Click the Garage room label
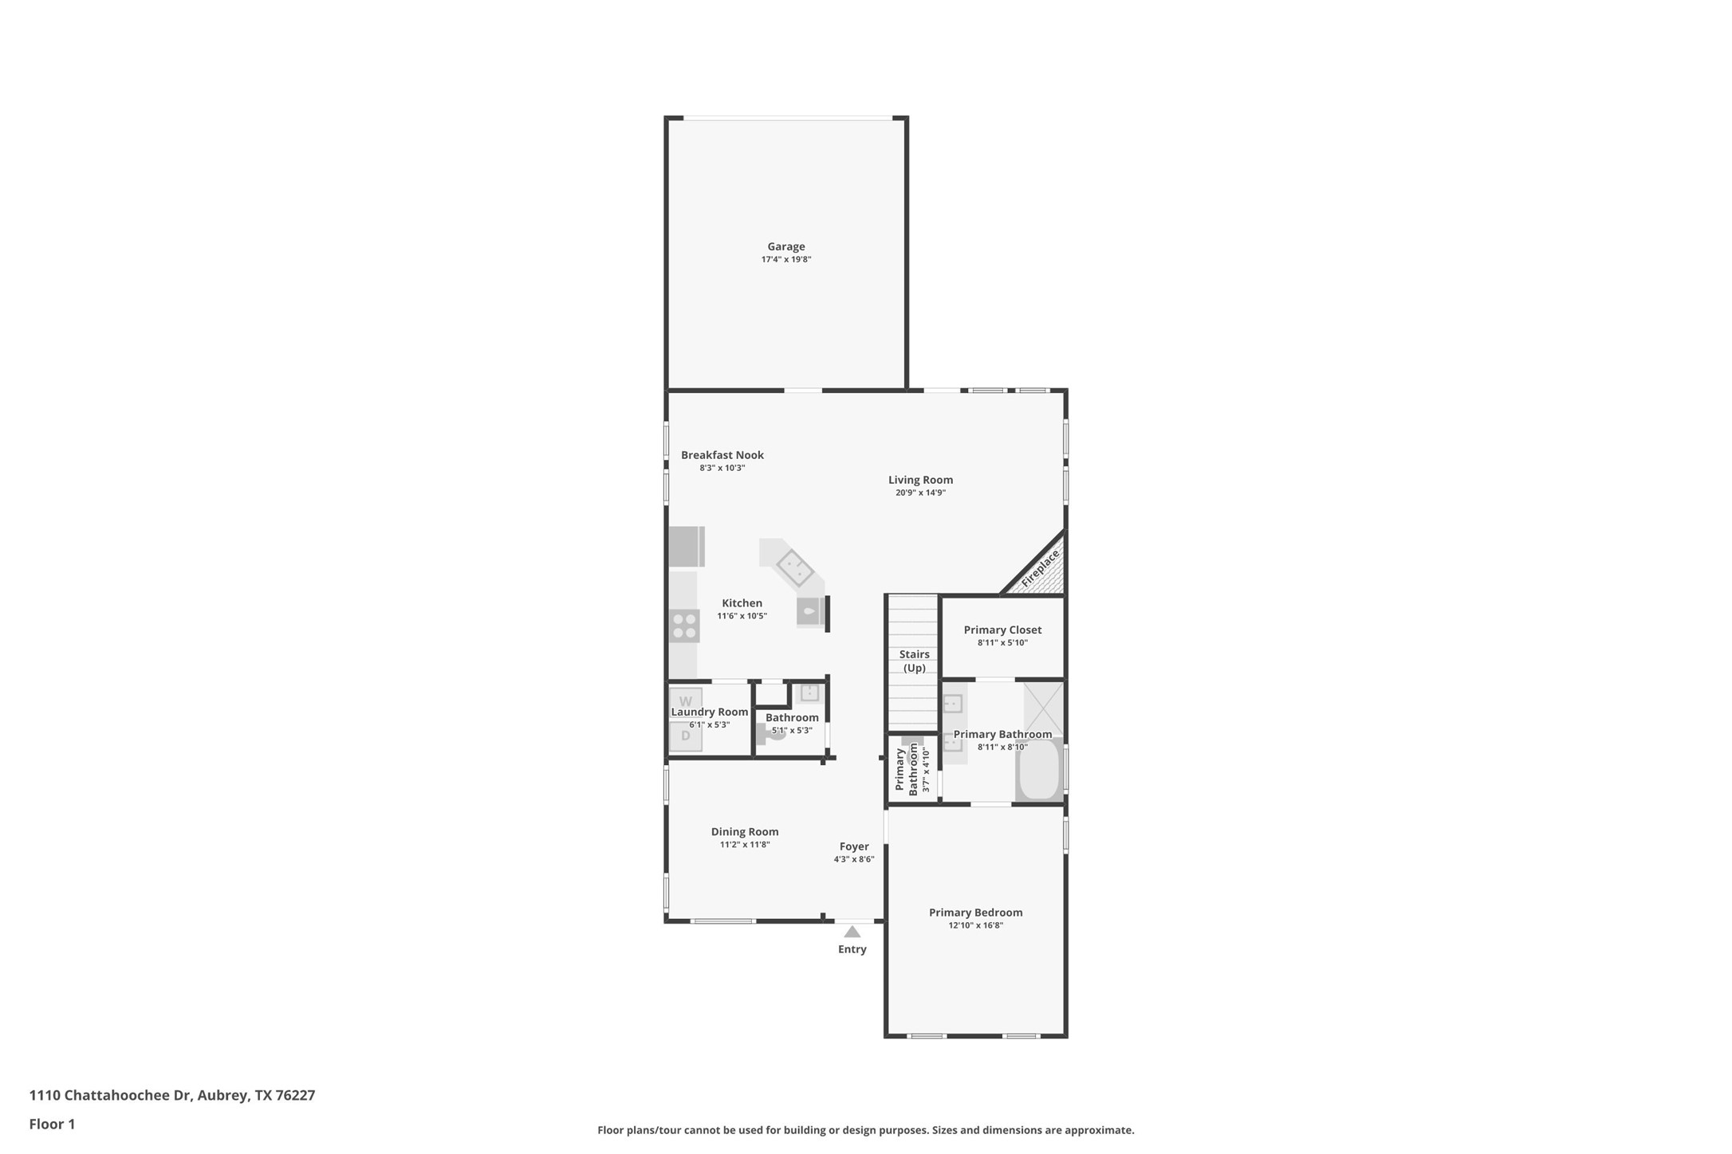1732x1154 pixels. (x=785, y=247)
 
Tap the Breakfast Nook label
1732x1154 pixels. (x=722, y=455)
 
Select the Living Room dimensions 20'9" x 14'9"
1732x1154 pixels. (x=920, y=493)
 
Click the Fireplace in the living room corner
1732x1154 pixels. (x=1040, y=569)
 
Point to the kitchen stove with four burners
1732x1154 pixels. (x=684, y=626)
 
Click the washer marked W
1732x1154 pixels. (x=685, y=701)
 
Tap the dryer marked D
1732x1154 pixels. (x=685, y=736)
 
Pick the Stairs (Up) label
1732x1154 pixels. (x=914, y=661)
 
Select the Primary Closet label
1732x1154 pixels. (x=1002, y=630)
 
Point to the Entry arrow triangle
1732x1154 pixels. (x=852, y=932)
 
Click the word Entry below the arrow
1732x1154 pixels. (x=852, y=949)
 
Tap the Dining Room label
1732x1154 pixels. (x=744, y=832)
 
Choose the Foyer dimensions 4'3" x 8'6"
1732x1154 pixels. (x=854, y=859)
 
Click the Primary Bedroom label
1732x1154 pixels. (x=975, y=913)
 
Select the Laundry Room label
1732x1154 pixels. (x=709, y=712)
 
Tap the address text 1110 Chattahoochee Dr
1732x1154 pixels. (x=110, y=1095)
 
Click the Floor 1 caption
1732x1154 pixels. (x=52, y=1125)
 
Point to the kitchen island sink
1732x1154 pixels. (x=794, y=568)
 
